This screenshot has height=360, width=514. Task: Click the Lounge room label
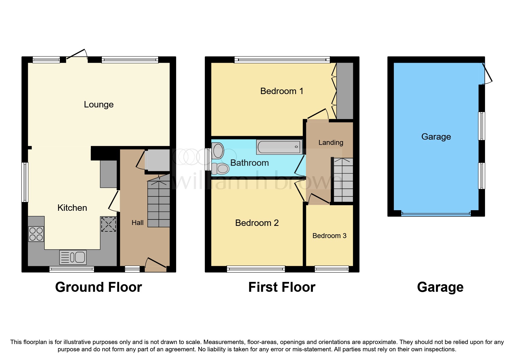[x=99, y=105]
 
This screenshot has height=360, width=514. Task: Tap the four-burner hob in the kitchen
[x=36, y=234]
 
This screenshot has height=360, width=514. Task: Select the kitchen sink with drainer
[x=73, y=257]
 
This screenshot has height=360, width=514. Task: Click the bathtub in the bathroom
[x=279, y=147]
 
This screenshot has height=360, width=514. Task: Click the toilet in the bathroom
[x=221, y=168]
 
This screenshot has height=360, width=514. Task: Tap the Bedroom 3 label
[x=329, y=236]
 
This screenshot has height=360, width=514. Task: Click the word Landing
[x=331, y=143]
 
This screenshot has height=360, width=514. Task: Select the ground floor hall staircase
[x=159, y=203]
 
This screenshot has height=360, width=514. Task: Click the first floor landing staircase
[x=343, y=180]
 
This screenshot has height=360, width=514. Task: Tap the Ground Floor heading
[x=98, y=287]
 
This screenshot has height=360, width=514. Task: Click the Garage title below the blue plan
[x=440, y=287]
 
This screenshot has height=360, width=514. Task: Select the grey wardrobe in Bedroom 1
[x=345, y=91]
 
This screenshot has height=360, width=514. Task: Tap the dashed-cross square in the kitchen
[x=108, y=224]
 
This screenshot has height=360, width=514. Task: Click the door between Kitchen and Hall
[x=114, y=201]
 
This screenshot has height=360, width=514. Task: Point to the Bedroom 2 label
[x=257, y=223]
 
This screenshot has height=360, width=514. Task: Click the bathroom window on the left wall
[x=208, y=159]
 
